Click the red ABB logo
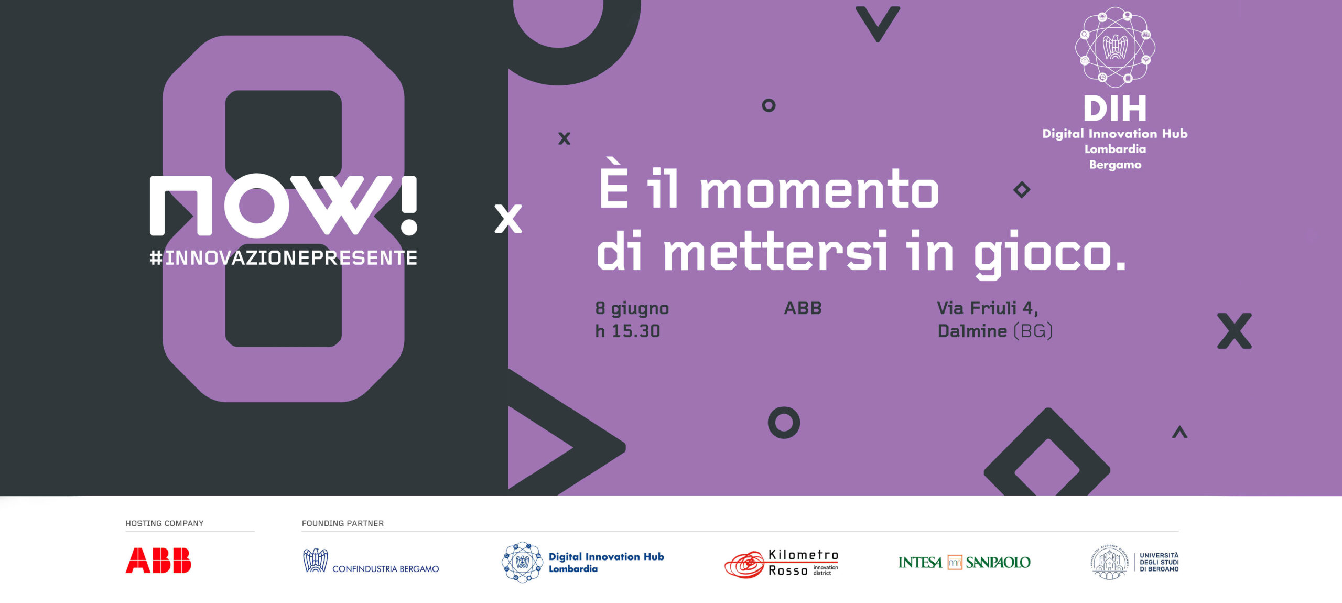point(158,561)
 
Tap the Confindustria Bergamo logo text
point(385,569)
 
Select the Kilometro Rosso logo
point(781,564)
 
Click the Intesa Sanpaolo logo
point(964,562)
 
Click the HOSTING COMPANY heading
point(165,523)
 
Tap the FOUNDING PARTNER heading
point(343,523)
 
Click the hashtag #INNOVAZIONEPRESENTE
point(283,258)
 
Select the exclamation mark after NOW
point(409,205)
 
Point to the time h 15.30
point(627,331)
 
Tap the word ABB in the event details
point(803,308)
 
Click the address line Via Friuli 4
point(987,308)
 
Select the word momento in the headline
point(819,190)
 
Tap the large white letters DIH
point(1115,109)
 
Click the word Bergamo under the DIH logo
point(1115,165)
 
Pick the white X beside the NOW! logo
point(508,219)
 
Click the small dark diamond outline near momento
point(1022,189)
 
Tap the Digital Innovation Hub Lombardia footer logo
point(583,562)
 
